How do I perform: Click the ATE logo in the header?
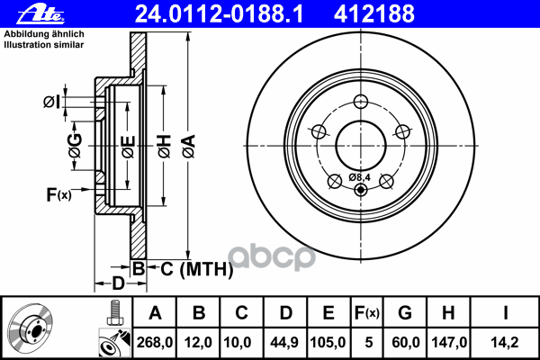pyautogui.click(x=40, y=14)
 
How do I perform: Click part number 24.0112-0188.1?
pyautogui.click(x=220, y=14)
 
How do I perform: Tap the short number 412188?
pyautogui.click(x=374, y=14)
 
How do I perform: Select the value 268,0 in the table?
pyautogui.click(x=155, y=342)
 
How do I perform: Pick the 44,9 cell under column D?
pyautogui.click(x=284, y=342)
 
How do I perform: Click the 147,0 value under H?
pyautogui.click(x=449, y=342)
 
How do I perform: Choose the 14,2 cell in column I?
pyautogui.click(x=505, y=342)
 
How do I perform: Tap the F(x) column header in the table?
pyautogui.click(x=367, y=313)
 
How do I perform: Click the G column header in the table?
pyautogui.click(x=405, y=313)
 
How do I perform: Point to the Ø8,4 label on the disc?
pyautogui.click(x=359, y=177)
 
